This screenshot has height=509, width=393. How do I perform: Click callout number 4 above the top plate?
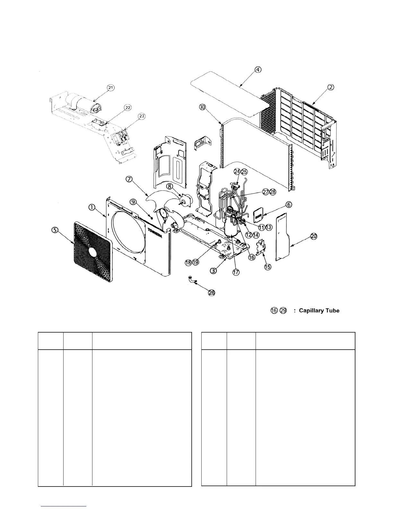pyautogui.click(x=258, y=69)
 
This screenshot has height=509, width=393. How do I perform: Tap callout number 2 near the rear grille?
pyautogui.click(x=331, y=87)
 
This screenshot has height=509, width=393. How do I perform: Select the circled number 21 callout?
pyautogui.click(x=111, y=87)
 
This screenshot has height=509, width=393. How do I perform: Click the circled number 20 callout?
pyautogui.click(x=314, y=236)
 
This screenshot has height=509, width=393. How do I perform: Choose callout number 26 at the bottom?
pyautogui.click(x=212, y=293)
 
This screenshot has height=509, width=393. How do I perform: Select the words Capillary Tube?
pyautogui.click(x=319, y=311)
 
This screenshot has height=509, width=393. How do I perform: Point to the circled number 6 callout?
pyautogui.click(x=288, y=205)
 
